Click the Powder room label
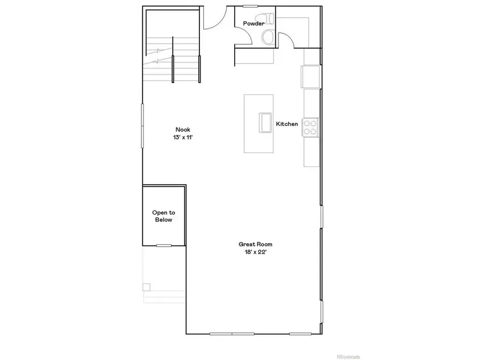253,23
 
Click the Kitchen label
286,124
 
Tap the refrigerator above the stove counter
310,76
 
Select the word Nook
182,130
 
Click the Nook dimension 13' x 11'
182,137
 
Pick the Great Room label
251,244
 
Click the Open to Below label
163,216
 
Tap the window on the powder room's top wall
250,6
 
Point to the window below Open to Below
164,245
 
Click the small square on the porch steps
146,287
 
